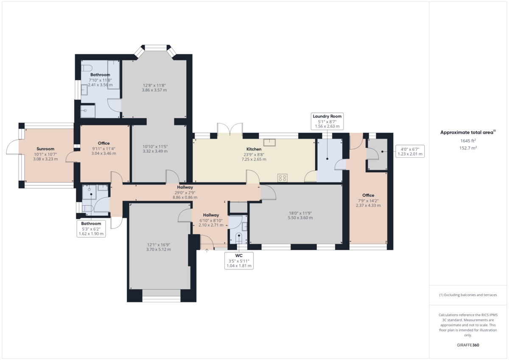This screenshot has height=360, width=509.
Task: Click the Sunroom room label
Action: [45, 149]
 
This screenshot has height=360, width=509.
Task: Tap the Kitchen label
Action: [254, 149]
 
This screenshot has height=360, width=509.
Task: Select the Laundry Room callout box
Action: [327, 121]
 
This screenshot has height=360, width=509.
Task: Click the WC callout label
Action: [239, 260]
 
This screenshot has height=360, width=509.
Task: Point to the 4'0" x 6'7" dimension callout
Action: [410, 151]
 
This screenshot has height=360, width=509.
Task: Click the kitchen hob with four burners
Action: [282, 178]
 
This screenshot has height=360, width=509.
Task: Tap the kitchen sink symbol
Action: [269, 142]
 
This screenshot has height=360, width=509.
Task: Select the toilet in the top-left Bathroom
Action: [87, 68]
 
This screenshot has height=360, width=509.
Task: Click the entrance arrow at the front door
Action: [207, 251]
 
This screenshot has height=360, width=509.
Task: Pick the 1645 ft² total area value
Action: [468, 141]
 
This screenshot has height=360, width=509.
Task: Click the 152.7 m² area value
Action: [468, 148]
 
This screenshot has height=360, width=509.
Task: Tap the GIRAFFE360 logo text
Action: [468, 345]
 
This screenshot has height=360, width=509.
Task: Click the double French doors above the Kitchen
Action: [230, 129]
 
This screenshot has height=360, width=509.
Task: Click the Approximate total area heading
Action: [468, 132]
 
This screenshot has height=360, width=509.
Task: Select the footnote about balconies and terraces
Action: [468, 295]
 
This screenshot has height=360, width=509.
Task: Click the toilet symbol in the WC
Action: [239, 237]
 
